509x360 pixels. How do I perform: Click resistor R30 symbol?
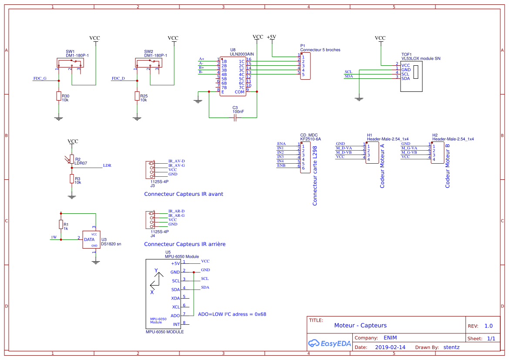tap(59, 96)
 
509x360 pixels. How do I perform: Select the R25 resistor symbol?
tap(137, 96)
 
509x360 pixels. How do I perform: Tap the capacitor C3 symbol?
tap(235, 118)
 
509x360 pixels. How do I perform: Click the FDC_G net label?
tap(40, 78)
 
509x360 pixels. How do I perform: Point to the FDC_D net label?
tap(118, 78)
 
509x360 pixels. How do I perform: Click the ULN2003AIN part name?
tap(242, 54)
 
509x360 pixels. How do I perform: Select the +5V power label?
tap(271, 37)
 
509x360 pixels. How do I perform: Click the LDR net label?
tap(107, 165)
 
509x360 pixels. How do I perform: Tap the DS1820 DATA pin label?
tap(89, 239)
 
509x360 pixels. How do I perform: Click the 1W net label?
tap(54, 237)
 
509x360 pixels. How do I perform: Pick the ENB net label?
tap(281, 165)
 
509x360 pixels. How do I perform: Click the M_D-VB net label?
tap(344, 152)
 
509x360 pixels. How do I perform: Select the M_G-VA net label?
tap(409, 148)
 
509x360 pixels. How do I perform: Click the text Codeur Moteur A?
tap(382, 165)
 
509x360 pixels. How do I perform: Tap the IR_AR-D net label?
tap(176, 211)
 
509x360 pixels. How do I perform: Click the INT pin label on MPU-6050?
tap(176, 324)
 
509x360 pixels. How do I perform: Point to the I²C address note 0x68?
tap(232, 314)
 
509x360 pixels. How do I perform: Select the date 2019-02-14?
tap(390, 347)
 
